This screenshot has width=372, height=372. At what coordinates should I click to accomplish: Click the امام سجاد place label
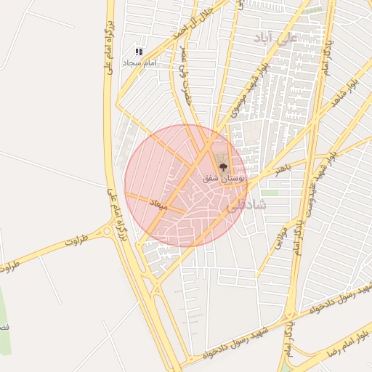click(x=138, y=64)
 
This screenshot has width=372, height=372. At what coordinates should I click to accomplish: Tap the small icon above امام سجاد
click(x=138, y=52)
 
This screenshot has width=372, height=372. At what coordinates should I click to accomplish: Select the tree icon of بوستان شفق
click(x=222, y=167)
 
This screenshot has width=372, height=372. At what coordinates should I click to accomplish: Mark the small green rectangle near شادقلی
click(x=270, y=193)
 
